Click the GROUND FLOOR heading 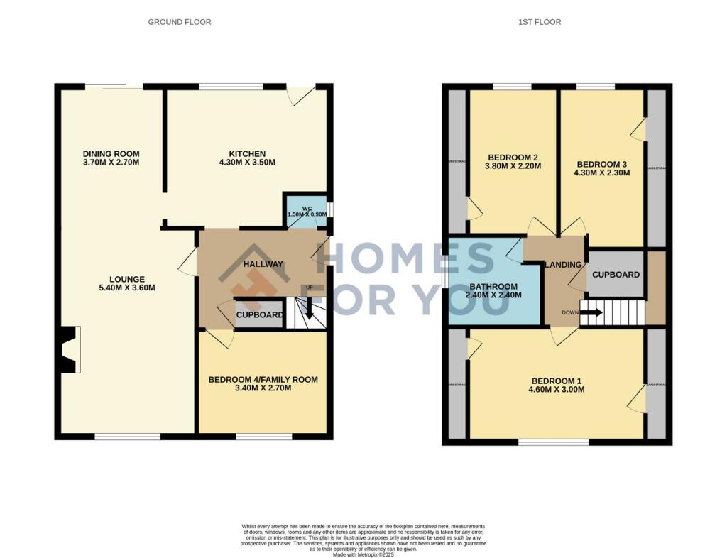(179, 22)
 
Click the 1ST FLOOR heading (540, 22)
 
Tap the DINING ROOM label (111, 154)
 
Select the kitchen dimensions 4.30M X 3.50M (247, 163)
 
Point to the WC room (307, 212)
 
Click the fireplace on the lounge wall (70, 349)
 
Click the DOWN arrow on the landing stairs (590, 311)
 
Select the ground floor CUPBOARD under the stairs (258, 314)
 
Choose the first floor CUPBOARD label (616, 275)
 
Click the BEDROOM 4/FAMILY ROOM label (263, 380)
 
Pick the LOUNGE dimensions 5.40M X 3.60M (127, 288)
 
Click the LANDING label (564, 265)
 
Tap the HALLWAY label (263, 264)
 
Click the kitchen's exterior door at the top (301, 95)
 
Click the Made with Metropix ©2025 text (363, 554)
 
